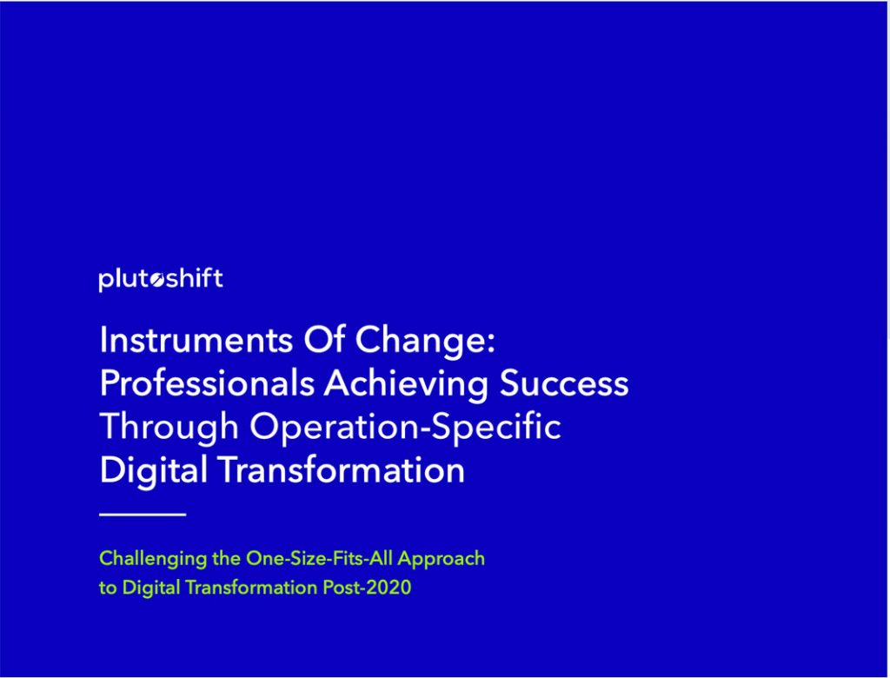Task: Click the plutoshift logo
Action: pyautogui.click(x=161, y=280)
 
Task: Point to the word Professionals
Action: pyautogui.click(x=207, y=384)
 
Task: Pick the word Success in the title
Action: pyautogui.click(x=564, y=384)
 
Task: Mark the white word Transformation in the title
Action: pyautogui.click(x=341, y=471)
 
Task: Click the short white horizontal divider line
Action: pyautogui.click(x=143, y=515)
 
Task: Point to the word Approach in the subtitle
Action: pyautogui.click(x=441, y=559)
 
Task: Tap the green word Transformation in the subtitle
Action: pyautogui.click(x=251, y=587)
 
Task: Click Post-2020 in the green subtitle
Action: pyautogui.click(x=367, y=587)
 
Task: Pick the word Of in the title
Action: pyautogui.click(x=324, y=340)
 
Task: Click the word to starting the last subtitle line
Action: pyautogui.click(x=108, y=588)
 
